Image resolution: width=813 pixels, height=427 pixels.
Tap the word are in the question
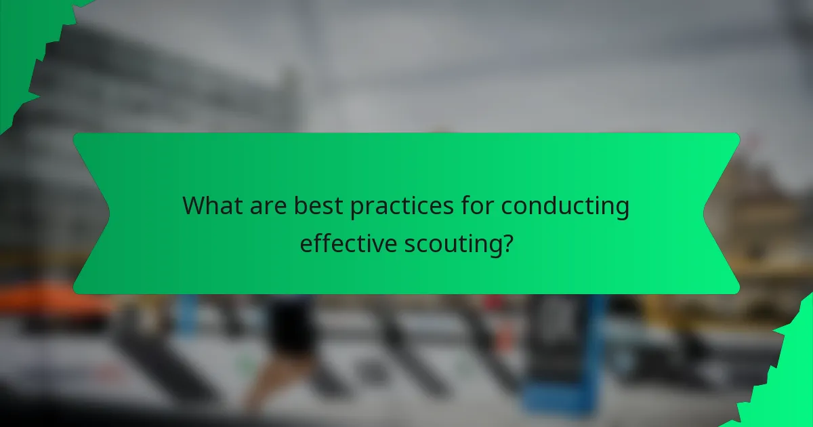click(265, 206)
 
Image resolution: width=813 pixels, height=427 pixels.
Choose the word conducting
click(565, 206)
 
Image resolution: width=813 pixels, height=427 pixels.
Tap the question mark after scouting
click(506, 243)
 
